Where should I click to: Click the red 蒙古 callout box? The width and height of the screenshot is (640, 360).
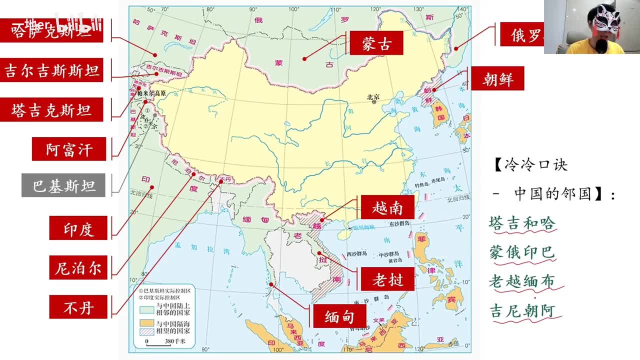coord(376,43)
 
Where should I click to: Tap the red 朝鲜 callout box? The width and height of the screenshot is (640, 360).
coord(497,79)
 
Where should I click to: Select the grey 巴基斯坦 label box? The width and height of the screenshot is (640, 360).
coord(63,185)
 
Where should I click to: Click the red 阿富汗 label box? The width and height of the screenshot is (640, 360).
coord(69,149)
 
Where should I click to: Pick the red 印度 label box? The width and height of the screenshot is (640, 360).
coord(78,228)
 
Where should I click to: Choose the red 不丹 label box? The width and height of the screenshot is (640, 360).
coord(78,306)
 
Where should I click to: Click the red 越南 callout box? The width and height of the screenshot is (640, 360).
coord(387,207)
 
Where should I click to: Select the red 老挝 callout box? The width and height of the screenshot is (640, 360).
coord(387,279)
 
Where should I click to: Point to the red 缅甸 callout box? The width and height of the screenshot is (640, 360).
coord(339,316)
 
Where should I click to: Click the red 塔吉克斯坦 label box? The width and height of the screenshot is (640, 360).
coord(51,110)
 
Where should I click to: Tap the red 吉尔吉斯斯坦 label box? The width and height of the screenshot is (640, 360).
coord(51,70)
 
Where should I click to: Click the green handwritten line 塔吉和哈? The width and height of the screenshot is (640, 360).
coord(522,223)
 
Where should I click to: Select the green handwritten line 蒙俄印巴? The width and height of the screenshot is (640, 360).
coord(522,252)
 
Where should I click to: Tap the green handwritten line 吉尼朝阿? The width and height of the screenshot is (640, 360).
coord(522,310)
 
